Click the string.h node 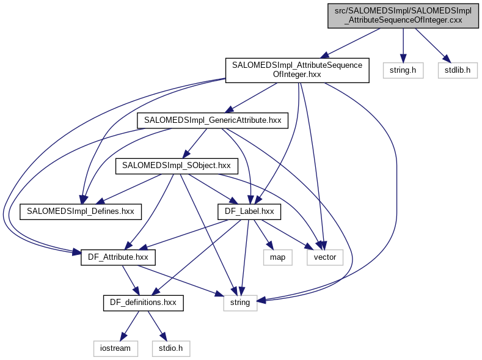(403, 70)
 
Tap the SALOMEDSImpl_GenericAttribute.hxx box (212, 120)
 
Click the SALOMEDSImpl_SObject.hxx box (176, 165)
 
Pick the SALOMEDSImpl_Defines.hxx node (81, 211)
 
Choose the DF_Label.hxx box (249, 211)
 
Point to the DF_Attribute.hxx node (118, 257)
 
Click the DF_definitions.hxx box (143, 303)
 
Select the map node (275, 257)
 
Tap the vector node (325, 257)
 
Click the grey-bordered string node (240, 303)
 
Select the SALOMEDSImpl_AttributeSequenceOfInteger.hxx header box (298, 70)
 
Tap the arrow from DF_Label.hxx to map (261, 233)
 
